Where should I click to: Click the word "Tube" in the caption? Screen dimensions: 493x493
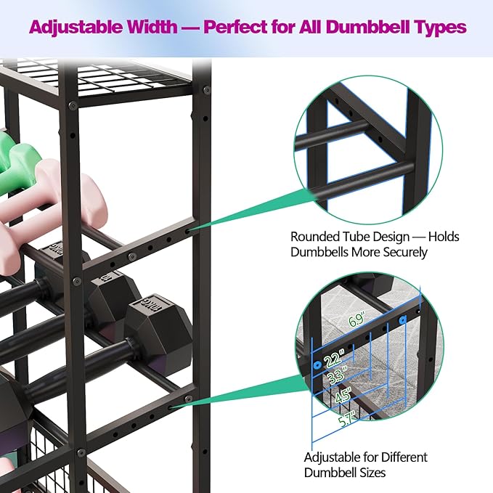pos(356,237)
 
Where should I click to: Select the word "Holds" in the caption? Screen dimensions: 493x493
pos(444,237)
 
